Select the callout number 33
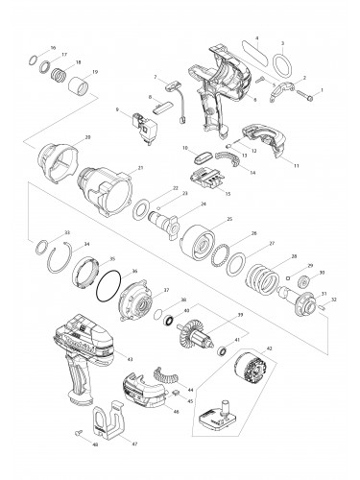click(66, 232)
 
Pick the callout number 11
click(296, 166)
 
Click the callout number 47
click(135, 444)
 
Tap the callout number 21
click(141, 169)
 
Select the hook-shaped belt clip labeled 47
click(110, 427)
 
